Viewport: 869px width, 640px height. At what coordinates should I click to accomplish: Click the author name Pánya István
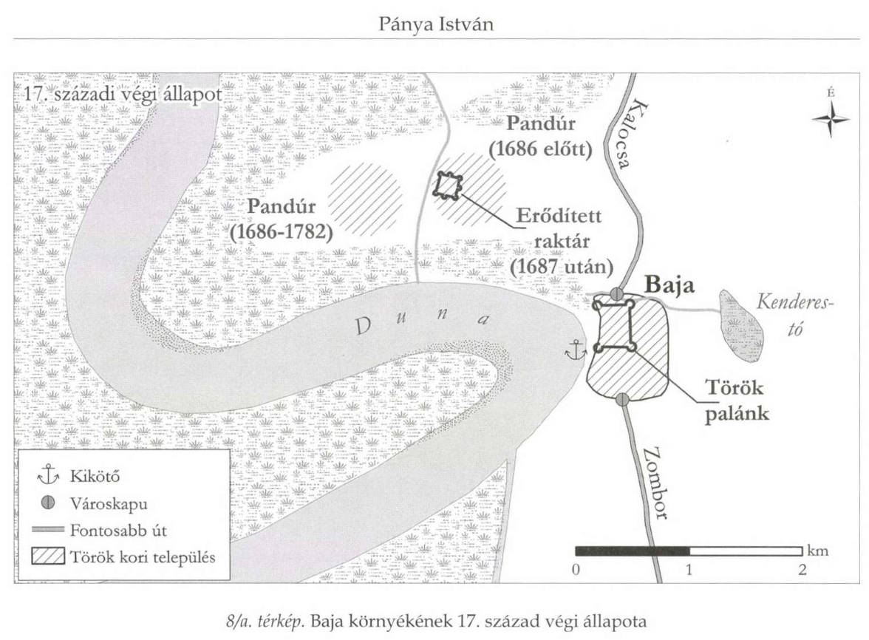(436, 24)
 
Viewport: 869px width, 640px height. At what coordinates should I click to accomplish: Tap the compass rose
(831, 118)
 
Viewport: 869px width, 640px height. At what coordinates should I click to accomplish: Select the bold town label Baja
(669, 285)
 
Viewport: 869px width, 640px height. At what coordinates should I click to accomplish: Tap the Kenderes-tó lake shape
(740, 325)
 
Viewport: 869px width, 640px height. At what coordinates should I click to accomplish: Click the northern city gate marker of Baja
(617, 294)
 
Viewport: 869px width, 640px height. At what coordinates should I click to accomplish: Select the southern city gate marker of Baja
(622, 400)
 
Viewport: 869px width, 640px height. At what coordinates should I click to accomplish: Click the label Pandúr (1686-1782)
(282, 219)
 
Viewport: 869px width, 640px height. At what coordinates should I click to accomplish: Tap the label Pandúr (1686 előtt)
(540, 136)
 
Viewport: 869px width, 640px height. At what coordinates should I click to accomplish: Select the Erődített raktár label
(561, 240)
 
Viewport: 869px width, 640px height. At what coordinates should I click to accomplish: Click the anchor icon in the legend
(48, 475)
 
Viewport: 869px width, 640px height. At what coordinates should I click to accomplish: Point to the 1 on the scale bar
(689, 569)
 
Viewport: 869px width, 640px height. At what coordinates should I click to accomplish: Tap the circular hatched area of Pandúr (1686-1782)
(366, 197)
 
